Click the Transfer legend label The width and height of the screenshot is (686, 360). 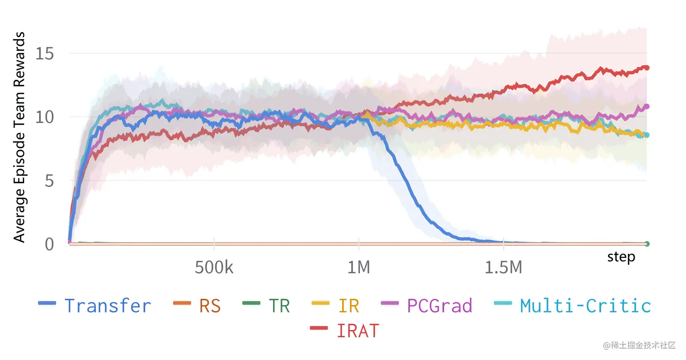point(108,306)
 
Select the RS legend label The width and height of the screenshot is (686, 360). point(210,306)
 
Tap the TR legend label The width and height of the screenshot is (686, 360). point(279,306)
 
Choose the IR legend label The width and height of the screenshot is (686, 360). point(348,306)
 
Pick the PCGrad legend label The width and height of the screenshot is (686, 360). point(440,306)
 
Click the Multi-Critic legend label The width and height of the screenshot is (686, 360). point(585,306)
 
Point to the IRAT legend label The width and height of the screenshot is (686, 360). point(358,331)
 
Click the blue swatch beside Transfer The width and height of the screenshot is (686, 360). point(47,303)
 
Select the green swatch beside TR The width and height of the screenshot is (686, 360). point(251,303)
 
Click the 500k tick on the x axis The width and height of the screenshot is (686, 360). point(214,268)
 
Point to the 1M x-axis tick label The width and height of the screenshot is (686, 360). point(358,268)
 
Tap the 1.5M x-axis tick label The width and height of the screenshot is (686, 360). point(503,268)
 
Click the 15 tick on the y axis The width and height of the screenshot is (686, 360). point(44,54)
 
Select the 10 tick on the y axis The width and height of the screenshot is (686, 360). point(44,117)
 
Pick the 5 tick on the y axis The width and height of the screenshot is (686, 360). point(49,181)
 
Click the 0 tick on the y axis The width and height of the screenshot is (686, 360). point(49,244)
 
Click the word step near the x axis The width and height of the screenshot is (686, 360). point(621,257)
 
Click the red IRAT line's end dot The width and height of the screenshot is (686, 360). point(647,68)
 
